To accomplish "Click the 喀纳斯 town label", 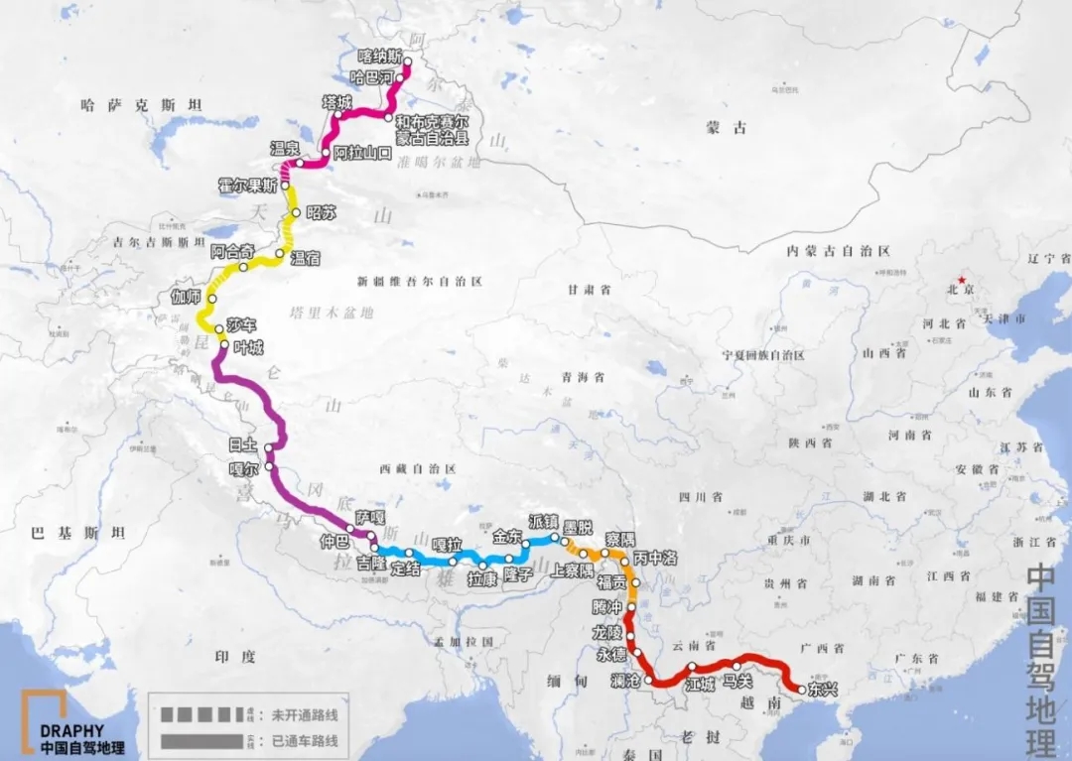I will (381, 57).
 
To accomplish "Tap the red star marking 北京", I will (960, 279).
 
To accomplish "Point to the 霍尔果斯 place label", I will (248, 185).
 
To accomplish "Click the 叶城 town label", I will (249, 348).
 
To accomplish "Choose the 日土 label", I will (242, 446).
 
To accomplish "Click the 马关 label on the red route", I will (737, 681).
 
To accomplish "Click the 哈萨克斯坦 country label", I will (142, 105).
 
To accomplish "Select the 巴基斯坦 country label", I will (79, 533).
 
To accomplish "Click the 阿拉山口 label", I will (363, 152).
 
